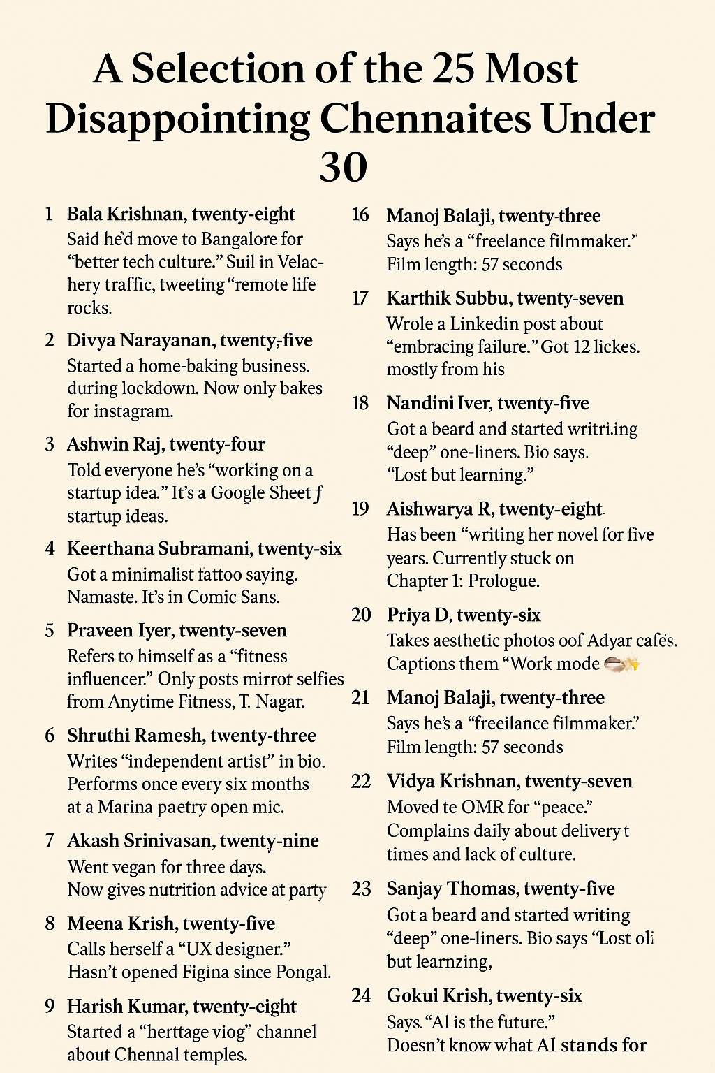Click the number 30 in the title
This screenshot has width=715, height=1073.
pos(343,168)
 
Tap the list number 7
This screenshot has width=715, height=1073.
pos(50,840)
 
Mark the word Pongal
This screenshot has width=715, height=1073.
pos(300,972)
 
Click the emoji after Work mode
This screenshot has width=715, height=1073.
pos(621,664)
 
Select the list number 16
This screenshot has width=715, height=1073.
pos(360,215)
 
